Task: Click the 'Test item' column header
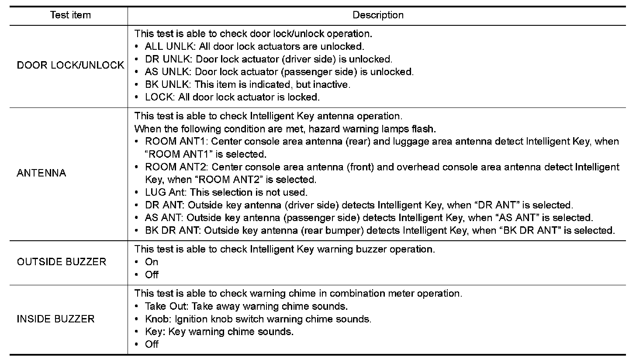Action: coord(70,15)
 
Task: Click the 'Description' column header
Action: coord(378,15)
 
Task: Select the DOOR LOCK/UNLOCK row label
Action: coord(70,66)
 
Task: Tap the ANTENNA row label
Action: coord(41,173)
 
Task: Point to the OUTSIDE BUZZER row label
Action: coord(62,262)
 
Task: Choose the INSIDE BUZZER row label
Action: coord(55,319)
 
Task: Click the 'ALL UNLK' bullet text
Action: coord(254,46)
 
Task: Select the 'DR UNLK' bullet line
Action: coord(268,59)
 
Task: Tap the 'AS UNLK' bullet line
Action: coord(279,72)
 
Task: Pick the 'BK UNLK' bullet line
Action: coord(247,84)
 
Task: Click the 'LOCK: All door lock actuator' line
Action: coord(232,97)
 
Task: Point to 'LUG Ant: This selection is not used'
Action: coord(226,193)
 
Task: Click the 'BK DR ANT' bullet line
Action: coord(380,231)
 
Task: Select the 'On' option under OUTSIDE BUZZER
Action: coord(152,262)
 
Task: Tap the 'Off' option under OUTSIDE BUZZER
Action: coord(152,275)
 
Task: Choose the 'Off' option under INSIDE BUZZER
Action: coord(152,344)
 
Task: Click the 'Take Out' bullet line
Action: coord(246,306)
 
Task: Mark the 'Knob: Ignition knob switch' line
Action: coord(258,319)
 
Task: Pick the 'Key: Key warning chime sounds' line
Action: coord(219,332)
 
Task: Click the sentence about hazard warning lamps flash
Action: coord(285,129)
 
